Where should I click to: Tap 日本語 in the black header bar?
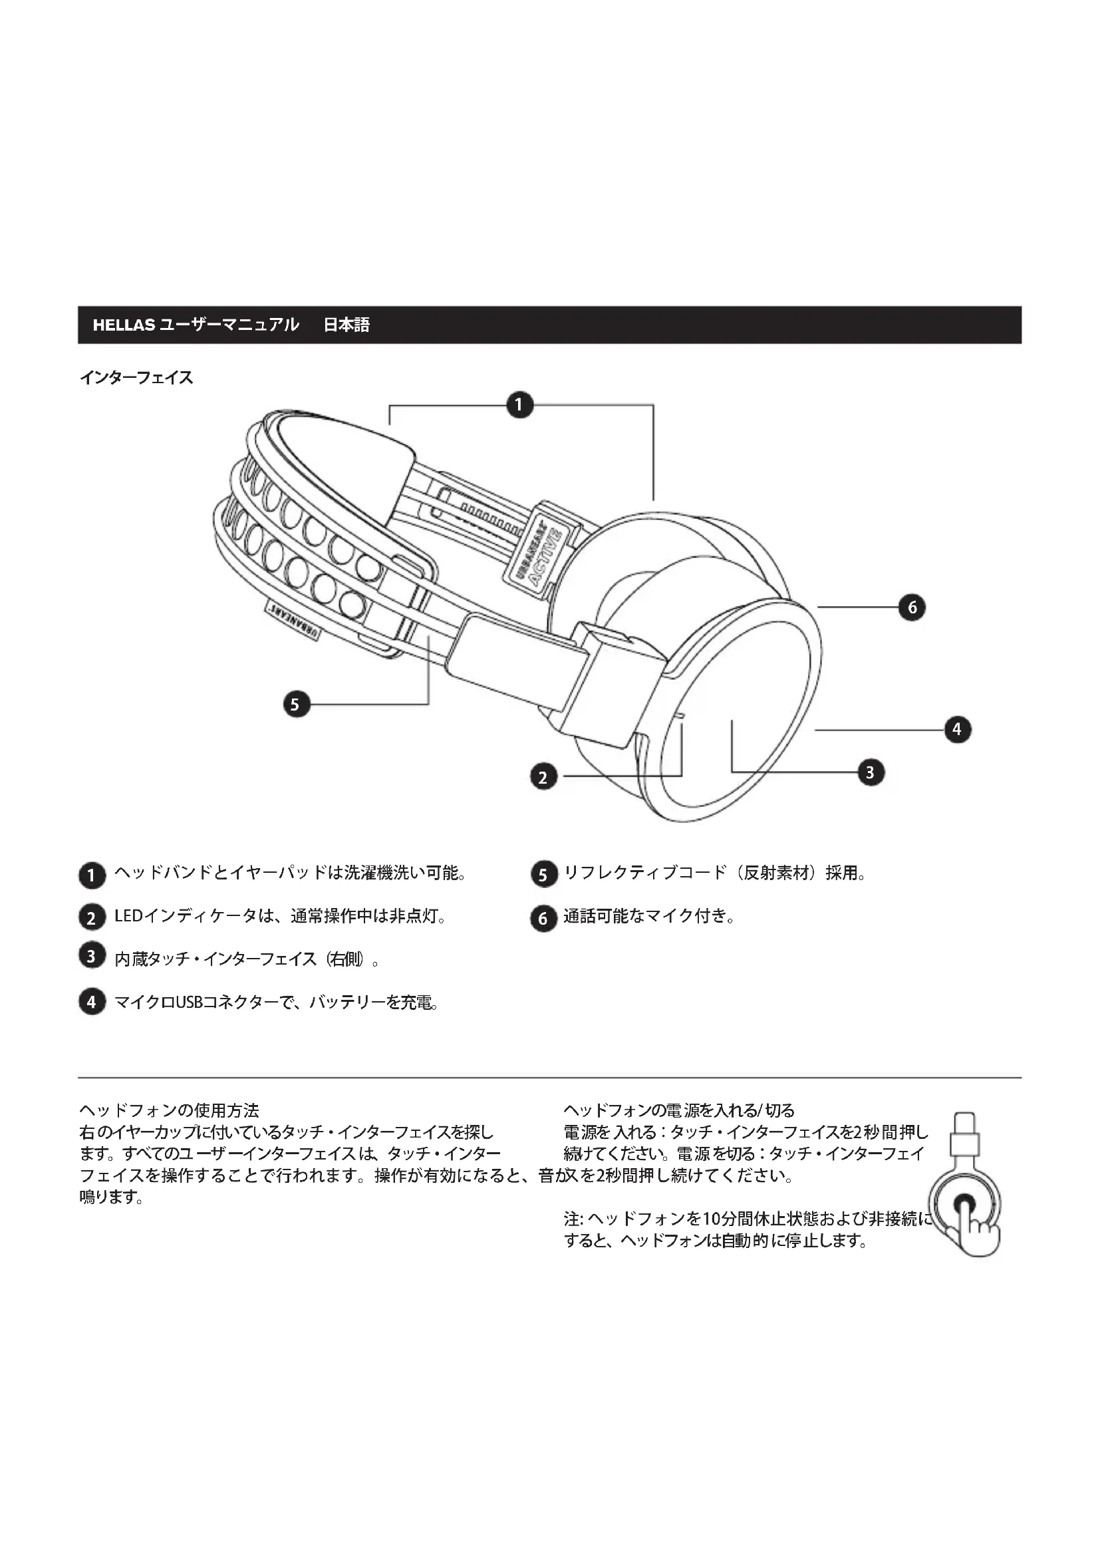tap(346, 325)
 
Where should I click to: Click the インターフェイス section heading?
tap(136, 378)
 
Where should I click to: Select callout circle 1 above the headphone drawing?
tap(519, 405)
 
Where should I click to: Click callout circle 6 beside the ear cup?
tap(912, 607)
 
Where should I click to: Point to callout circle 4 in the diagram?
tap(957, 729)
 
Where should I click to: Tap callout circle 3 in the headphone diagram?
tap(871, 772)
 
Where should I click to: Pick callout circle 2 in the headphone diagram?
tap(543, 776)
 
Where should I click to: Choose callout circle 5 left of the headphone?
tap(295, 704)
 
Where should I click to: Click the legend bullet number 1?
tap(92, 875)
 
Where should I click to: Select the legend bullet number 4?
tap(92, 1002)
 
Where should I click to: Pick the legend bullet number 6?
tap(543, 919)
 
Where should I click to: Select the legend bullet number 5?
tap(543, 875)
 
